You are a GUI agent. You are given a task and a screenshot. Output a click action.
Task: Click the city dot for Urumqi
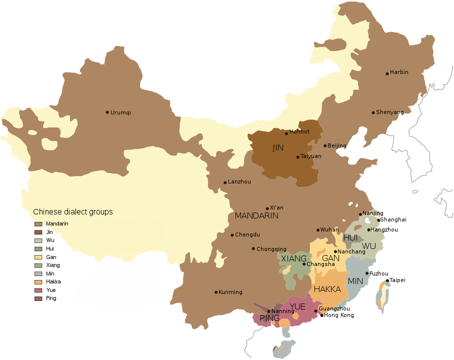click(107, 112)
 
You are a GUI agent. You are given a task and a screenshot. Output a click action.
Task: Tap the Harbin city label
click(399, 72)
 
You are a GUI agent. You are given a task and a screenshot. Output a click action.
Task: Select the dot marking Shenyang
click(373, 112)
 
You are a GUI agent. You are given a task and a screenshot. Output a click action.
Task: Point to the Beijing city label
click(336, 145)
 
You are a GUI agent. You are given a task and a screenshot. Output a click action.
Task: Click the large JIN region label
click(278, 148)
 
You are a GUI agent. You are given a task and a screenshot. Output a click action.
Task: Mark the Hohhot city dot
click(286, 133)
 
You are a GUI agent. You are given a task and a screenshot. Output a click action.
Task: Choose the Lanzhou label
click(239, 181)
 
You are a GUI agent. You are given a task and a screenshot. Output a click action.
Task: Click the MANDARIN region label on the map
click(256, 216)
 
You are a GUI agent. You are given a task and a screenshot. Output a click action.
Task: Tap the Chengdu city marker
click(232, 235)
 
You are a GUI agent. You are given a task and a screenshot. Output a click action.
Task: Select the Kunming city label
click(231, 292)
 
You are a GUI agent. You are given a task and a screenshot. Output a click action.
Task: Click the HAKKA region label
click(327, 289)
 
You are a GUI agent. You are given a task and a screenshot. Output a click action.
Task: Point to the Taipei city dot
click(387, 280)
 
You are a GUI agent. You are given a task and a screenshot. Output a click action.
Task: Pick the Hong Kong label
click(339, 315)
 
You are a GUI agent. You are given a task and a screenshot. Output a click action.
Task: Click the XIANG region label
click(293, 258)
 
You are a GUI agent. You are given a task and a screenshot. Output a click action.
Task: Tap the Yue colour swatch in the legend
click(38, 290)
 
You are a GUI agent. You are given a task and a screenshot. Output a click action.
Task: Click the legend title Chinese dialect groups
click(73, 212)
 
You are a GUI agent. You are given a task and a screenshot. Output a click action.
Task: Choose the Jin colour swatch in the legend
click(38, 232)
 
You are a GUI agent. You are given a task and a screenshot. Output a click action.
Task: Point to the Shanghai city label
click(393, 219)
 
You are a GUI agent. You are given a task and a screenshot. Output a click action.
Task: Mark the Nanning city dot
click(268, 311)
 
